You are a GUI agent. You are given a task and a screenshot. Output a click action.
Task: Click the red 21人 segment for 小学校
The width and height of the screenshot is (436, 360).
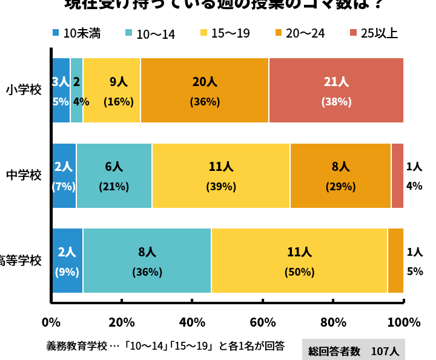point(336,90)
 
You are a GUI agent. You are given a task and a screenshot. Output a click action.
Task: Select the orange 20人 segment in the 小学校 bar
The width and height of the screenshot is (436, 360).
point(205,90)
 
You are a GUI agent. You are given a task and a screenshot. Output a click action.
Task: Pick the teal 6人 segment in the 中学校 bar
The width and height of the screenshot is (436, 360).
point(114,176)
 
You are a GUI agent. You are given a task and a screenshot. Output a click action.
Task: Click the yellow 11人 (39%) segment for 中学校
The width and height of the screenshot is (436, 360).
point(221,176)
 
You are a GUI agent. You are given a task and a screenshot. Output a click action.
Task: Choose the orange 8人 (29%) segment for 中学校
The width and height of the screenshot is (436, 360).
point(340,176)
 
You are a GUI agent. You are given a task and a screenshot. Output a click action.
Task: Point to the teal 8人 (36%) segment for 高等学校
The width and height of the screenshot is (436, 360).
point(147,261)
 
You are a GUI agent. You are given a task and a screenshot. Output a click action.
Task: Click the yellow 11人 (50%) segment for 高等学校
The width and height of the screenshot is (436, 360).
point(299,261)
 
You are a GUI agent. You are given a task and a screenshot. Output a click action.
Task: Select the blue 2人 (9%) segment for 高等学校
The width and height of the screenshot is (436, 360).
point(67,261)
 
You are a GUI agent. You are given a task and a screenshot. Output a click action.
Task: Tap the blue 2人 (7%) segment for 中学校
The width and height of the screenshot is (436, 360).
point(64,176)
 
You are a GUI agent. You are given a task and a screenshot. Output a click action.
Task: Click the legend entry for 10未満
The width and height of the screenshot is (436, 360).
point(76,33)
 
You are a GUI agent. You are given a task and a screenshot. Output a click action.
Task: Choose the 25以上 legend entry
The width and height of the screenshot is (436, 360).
point(374,33)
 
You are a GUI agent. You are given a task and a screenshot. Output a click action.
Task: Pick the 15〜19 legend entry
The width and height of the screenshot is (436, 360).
point(224,33)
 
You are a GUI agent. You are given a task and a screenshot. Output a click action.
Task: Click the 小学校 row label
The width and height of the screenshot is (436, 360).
point(24,90)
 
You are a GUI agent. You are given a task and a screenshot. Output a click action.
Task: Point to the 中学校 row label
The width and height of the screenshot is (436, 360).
point(24,175)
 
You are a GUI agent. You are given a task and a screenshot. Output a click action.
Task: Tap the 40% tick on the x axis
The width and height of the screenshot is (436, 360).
point(192,322)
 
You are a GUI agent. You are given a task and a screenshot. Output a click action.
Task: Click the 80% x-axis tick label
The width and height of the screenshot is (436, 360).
point(333,322)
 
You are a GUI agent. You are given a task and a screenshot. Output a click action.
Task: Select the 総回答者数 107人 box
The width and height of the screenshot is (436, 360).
point(353,350)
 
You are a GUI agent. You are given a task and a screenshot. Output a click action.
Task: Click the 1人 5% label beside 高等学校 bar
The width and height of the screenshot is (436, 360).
point(415,261)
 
